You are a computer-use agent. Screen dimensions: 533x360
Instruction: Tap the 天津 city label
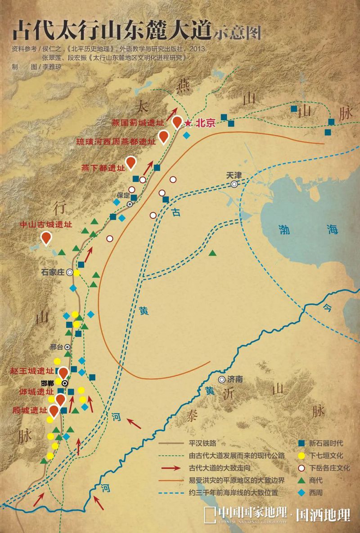tap(234, 176)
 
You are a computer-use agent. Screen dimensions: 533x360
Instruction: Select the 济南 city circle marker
tap(221, 379)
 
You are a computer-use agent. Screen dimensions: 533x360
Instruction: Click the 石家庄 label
tap(53, 272)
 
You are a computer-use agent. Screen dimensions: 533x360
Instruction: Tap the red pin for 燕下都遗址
tap(131, 163)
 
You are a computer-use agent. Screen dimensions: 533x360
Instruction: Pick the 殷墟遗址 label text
tap(30, 411)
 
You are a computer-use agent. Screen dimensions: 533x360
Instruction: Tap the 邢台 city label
tap(56, 347)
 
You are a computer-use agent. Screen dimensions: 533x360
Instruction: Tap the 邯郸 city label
tap(47, 383)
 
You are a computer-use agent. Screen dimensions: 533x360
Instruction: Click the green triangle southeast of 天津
tap(212, 253)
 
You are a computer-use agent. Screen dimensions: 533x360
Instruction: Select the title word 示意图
tap(237, 32)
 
